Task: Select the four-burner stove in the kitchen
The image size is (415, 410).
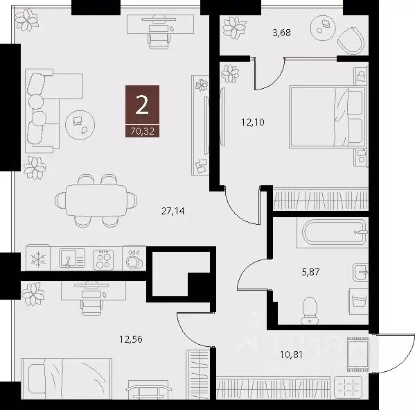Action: click(103, 259)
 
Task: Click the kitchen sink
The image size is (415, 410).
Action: click(69, 259)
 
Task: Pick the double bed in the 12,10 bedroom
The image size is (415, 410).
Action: click(326, 116)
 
